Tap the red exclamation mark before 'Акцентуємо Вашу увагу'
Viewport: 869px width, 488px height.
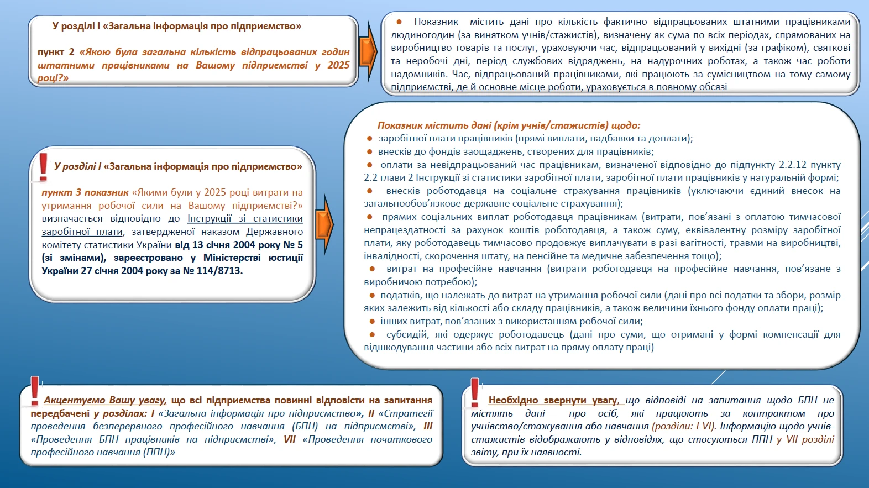(35, 391)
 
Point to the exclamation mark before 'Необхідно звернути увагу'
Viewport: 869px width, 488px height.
(474, 391)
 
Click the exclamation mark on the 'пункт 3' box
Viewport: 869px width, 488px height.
(43, 167)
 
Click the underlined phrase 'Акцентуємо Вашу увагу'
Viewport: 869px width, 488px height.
(105, 400)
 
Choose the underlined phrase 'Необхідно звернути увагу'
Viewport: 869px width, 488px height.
(553, 400)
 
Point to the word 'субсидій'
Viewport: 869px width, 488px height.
(407, 334)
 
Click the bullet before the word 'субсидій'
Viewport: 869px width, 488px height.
(373, 334)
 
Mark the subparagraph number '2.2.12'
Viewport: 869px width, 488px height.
(793, 165)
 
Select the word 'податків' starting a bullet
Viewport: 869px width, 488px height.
(400, 295)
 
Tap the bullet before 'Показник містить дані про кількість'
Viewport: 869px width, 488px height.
(399, 22)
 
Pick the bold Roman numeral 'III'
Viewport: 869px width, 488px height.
(427, 426)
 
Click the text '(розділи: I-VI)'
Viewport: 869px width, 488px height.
(684, 426)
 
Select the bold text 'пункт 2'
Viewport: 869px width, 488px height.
(56, 52)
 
